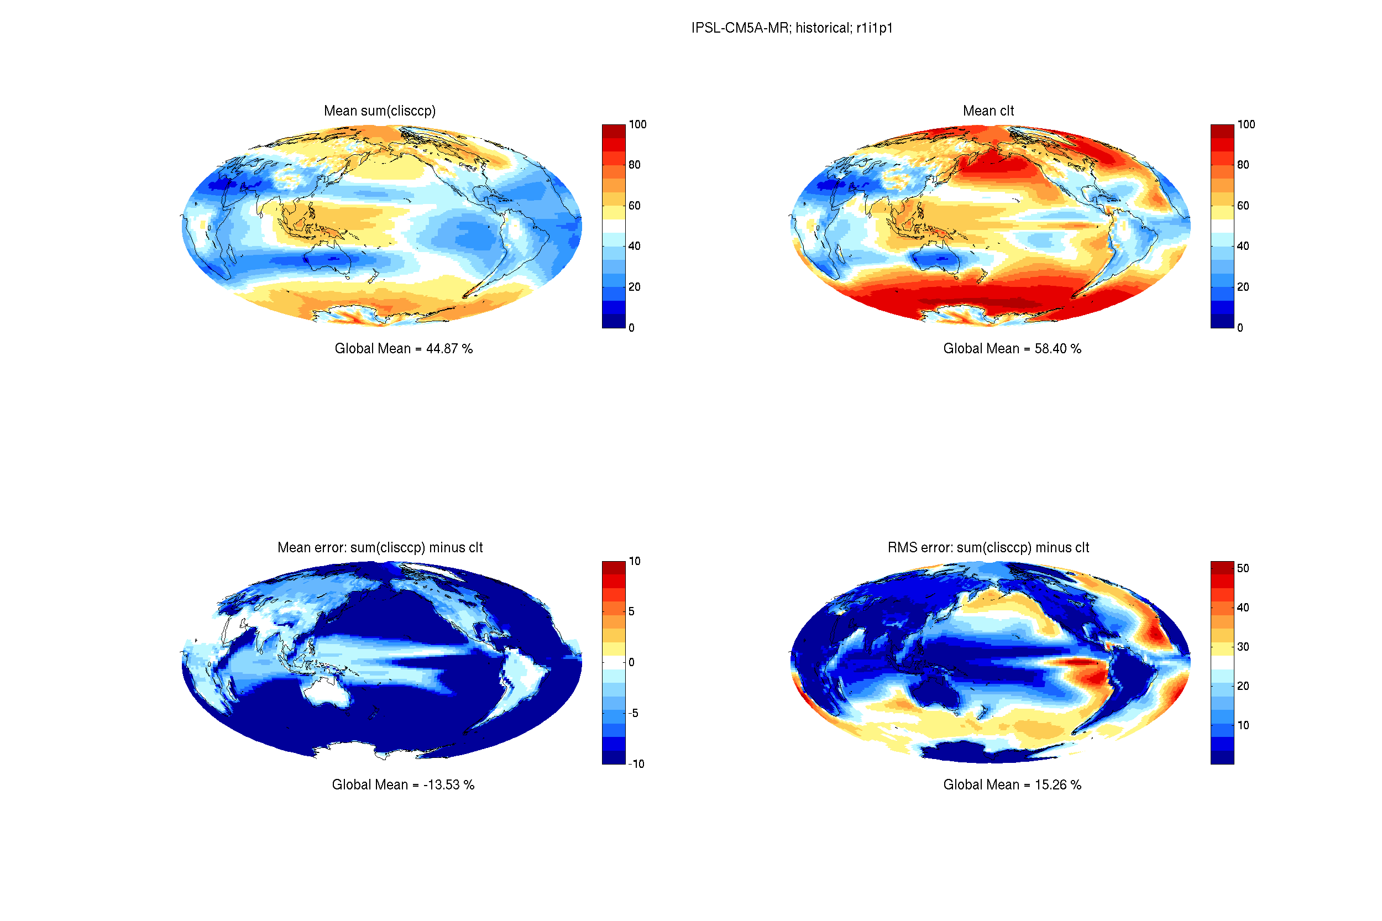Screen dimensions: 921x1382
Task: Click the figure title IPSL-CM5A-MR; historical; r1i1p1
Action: pos(791,28)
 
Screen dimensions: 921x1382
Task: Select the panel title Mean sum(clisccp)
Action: pos(379,111)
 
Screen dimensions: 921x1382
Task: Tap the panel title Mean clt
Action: pos(988,111)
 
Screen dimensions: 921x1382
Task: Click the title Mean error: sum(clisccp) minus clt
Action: pos(379,547)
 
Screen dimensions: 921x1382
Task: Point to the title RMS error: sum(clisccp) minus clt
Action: pos(988,547)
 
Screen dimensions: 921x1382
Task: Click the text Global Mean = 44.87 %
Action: pos(403,348)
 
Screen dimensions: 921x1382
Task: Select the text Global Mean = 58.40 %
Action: pos(1012,348)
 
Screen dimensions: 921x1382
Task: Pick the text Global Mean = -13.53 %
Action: pos(403,785)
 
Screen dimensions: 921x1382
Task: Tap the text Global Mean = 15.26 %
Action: pos(1012,785)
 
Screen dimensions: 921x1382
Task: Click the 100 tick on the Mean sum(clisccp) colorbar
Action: pos(637,124)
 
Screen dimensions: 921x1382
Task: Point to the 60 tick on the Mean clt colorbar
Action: pos(1242,206)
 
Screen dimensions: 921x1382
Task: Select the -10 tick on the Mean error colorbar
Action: pos(636,763)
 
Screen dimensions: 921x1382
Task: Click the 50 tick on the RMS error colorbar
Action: pos(1242,568)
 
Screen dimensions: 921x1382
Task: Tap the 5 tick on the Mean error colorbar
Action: pos(631,611)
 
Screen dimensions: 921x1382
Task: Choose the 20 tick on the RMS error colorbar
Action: pos(1242,685)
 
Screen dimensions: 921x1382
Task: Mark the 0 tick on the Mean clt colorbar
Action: pos(1239,328)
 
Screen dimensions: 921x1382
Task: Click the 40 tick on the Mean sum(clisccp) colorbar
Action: pos(634,246)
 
